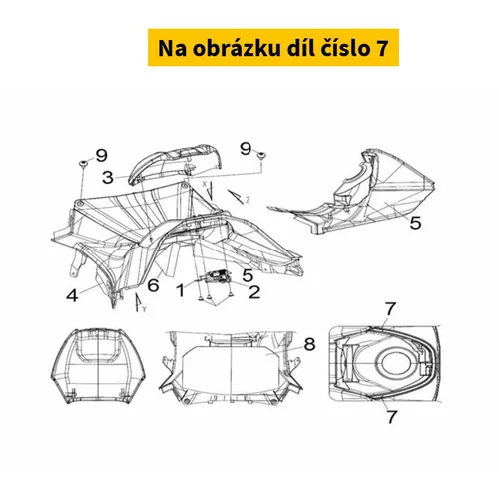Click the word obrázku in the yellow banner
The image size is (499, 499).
coord(236,48)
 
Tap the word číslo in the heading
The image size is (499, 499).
coord(346,48)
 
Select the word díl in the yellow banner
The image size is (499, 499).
coord(300,47)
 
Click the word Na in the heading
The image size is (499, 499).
coord(172,48)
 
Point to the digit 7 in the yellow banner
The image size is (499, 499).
coord(382,48)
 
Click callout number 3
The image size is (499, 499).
coord(108,177)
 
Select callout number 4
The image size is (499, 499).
coord(72,295)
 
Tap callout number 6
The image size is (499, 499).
coord(153,285)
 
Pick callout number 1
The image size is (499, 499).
coord(181,290)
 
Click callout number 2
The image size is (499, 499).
coord(254,292)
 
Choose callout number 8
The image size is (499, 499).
coord(309,344)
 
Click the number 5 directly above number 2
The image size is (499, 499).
coord(248,275)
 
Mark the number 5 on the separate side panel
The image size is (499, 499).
coord(415,223)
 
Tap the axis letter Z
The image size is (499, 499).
coord(248,200)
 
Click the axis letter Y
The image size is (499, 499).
coord(144,309)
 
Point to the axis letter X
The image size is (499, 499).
coord(205,184)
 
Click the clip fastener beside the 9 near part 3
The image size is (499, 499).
coord(82,163)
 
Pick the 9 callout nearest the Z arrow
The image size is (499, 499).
coord(246,149)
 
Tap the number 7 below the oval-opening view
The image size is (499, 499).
coord(392,417)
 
